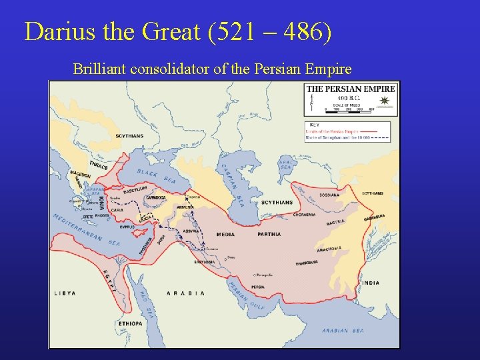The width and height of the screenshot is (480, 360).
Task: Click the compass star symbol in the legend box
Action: point(384,101)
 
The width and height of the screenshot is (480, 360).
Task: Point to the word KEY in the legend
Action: point(314,124)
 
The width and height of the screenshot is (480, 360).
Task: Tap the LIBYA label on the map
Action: point(65,293)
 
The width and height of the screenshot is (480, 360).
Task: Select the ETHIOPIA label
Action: point(131,323)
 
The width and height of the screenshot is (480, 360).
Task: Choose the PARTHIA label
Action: point(269,234)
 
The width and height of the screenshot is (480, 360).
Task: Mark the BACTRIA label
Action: point(335,221)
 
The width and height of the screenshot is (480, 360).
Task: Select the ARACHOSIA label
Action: point(328,249)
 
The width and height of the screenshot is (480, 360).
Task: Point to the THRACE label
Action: point(98,165)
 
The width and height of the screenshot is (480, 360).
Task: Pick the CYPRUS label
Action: point(127,227)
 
